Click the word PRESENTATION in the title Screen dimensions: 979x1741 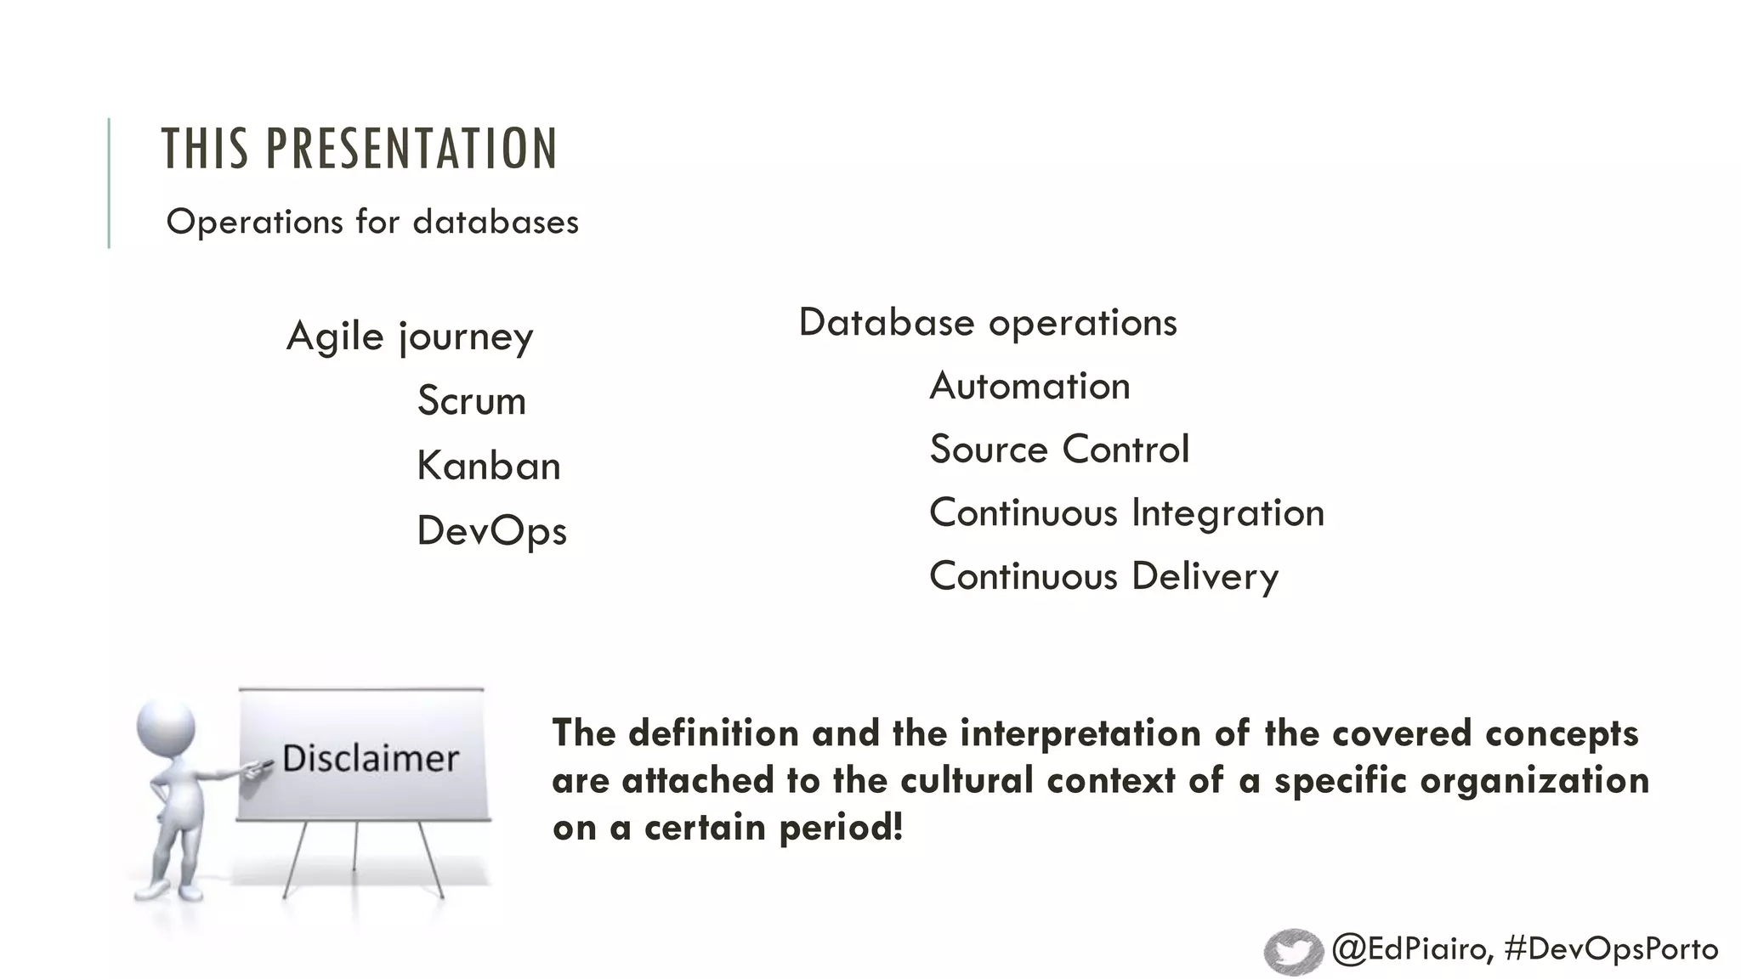pyautogui.click(x=411, y=149)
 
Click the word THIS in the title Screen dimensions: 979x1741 pyautogui.click(x=205, y=149)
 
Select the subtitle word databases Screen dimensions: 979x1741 pyautogui.click(x=496, y=223)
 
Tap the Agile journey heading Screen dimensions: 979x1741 pyautogui.click(x=410, y=337)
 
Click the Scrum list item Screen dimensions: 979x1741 pyautogui.click(x=472, y=401)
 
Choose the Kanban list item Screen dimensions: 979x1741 pyautogui.click(x=489, y=466)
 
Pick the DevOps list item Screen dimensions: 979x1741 pyautogui.click(x=491, y=531)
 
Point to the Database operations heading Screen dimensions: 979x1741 pyautogui.click(x=988, y=323)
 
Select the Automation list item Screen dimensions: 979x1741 pyautogui.click(x=1029, y=387)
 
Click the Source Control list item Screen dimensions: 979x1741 pyautogui.click(x=1059, y=450)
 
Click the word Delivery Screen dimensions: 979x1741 pyautogui.click(x=1205, y=577)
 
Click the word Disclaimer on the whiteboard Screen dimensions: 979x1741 pyautogui.click(x=371, y=758)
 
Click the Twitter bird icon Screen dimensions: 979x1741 pyautogui.click(x=1293, y=951)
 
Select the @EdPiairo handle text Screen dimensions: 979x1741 pyautogui.click(x=1411, y=949)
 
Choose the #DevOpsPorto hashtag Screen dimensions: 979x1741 pyautogui.click(x=1611, y=949)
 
